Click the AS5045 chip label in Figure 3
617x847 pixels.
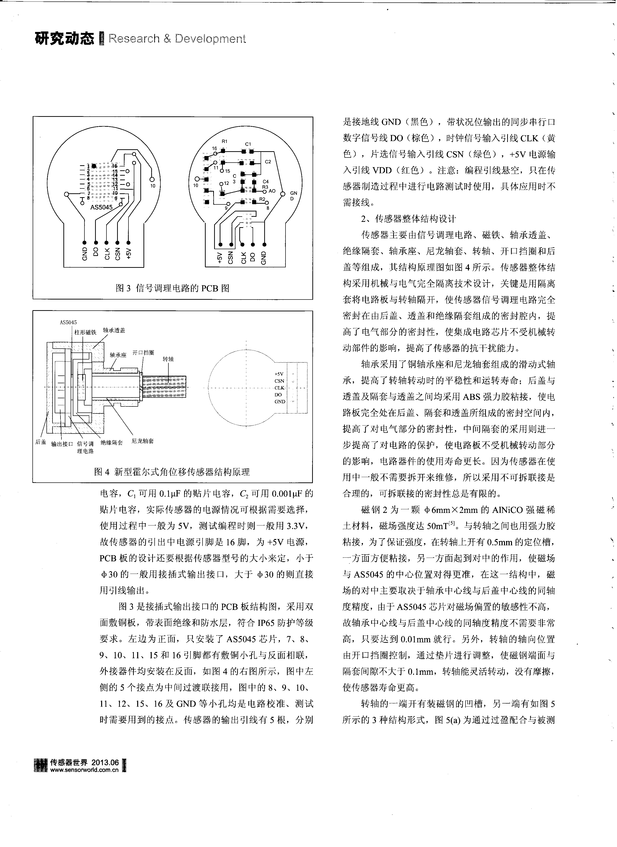(x=101, y=207)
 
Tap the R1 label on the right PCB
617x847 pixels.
(x=224, y=141)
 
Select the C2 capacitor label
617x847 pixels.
(x=268, y=162)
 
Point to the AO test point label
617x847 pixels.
(x=272, y=191)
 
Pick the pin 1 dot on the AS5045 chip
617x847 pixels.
(x=94, y=165)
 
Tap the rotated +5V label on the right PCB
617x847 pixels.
(x=220, y=258)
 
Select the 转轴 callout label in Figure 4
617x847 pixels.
(x=168, y=359)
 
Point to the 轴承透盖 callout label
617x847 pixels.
(x=114, y=330)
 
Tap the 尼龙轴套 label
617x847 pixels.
(x=143, y=441)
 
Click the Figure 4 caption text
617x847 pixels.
(x=172, y=472)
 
